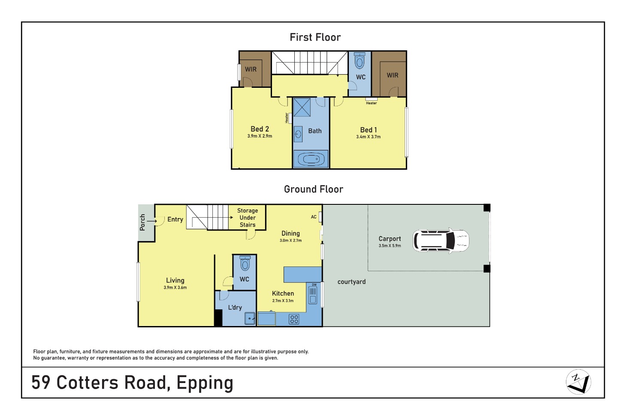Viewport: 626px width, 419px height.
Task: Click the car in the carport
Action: (x=441, y=241)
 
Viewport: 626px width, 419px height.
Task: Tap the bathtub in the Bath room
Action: (x=311, y=159)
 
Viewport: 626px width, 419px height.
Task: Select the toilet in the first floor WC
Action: (x=360, y=60)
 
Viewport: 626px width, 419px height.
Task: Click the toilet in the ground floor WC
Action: (x=245, y=263)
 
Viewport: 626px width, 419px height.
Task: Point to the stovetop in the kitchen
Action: (x=294, y=319)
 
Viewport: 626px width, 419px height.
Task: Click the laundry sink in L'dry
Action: (x=250, y=318)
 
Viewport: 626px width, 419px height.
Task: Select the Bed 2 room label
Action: (x=260, y=129)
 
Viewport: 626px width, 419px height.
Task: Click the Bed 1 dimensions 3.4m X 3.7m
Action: (x=368, y=137)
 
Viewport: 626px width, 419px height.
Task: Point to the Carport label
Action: (x=390, y=239)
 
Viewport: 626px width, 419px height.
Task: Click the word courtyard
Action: (x=351, y=282)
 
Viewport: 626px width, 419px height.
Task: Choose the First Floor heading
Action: (x=315, y=37)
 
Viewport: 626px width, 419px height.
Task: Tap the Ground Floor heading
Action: (x=314, y=189)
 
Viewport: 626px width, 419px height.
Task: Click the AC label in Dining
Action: (x=314, y=217)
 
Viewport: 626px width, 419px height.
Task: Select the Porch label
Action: (x=142, y=222)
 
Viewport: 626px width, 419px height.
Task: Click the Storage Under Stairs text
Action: (x=248, y=218)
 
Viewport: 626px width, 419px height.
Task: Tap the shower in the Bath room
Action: (x=302, y=107)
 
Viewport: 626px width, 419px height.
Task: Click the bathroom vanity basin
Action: (x=298, y=134)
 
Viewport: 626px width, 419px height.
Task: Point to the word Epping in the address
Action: (x=205, y=383)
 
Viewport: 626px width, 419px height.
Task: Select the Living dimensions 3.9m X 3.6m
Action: (x=175, y=287)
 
